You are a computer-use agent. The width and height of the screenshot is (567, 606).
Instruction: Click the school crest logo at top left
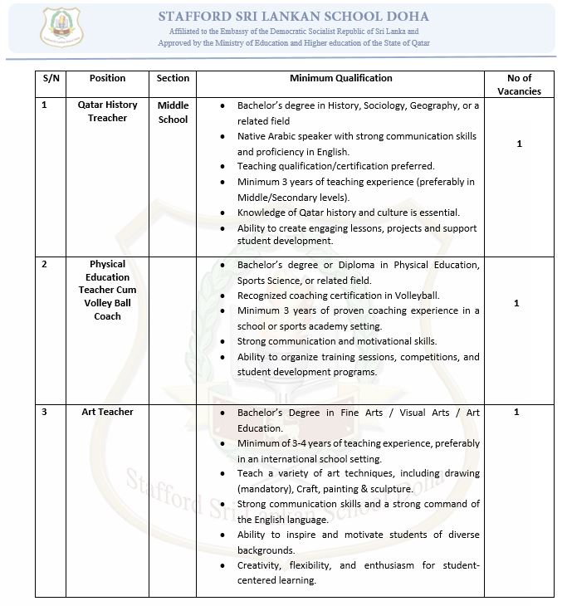coord(62,27)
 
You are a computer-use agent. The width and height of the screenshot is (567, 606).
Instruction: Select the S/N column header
coord(50,78)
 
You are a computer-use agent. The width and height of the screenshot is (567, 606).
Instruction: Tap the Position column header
coord(107,78)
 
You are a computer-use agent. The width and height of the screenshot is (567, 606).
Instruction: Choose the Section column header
coord(173,78)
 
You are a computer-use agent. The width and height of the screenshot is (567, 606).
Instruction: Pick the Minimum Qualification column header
coord(340,78)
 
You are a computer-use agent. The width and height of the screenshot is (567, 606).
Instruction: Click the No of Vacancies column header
coord(519,85)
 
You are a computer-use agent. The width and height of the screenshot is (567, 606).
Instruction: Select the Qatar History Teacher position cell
coord(107,111)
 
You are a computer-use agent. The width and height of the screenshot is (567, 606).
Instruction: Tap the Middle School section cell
coord(173,112)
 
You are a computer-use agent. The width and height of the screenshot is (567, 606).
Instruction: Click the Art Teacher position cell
coord(107,412)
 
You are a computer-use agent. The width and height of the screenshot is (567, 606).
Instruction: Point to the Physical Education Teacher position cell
coord(107,290)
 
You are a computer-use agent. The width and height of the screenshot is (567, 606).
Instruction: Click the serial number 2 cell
coord(45,264)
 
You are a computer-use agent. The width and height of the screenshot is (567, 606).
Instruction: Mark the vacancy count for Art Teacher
coord(516,412)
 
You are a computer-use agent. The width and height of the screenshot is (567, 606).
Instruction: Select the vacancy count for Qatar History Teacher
coord(519,144)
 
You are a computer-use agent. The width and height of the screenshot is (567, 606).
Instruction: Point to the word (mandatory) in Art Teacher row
coord(267,489)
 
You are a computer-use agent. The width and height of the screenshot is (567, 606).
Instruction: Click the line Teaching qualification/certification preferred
coord(335,166)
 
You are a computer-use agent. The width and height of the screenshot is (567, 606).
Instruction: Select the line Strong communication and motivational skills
coord(336,341)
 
